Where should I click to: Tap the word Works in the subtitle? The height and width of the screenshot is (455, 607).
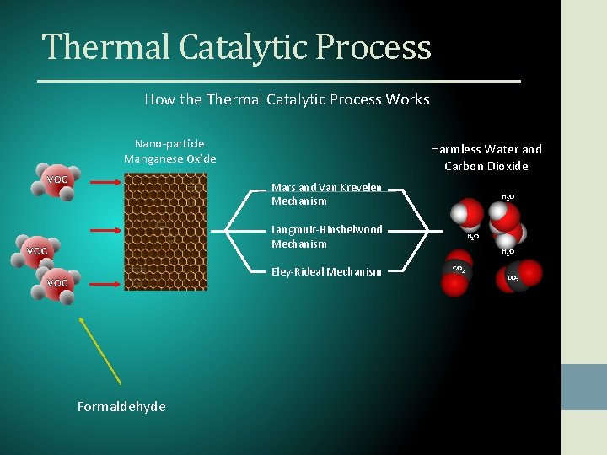(407, 99)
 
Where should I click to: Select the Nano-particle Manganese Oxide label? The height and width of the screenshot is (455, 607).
(169, 151)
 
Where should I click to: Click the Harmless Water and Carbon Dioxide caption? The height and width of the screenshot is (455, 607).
(486, 158)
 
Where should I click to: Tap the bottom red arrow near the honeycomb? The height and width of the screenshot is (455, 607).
(105, 284)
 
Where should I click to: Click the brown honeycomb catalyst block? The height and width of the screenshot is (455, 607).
(165, 232)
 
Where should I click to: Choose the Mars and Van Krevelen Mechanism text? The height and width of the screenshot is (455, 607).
(326, 194)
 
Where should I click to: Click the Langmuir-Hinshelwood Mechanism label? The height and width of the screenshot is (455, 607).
(326, 236)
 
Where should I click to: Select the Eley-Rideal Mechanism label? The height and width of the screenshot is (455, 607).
(325, 271)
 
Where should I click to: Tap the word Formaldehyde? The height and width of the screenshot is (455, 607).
(121, 407)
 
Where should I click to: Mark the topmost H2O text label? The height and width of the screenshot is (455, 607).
(508, 197)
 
